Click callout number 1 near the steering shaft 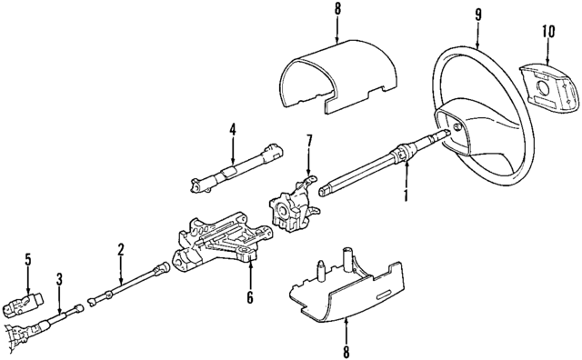coord(406,195)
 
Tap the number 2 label coord(120,248)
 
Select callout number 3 coord(59,278)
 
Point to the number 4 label coord(232,128)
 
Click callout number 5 coord(28,259)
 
